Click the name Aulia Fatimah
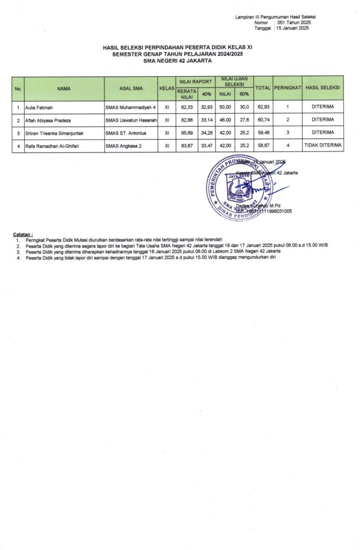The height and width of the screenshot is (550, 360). pos(39,107)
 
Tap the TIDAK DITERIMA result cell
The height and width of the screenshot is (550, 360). pos(322,146)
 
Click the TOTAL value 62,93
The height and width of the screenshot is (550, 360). pos(263,107)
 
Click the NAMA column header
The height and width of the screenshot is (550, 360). pos(64,88)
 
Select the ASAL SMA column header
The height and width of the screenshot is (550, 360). pos(131,88)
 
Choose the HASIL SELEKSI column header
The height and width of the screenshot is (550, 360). pos(322,88)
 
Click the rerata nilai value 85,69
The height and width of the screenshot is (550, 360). pos(186,133)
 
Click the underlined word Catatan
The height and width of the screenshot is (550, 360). pos(23,235)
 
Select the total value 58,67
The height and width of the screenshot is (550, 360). pos(263,146)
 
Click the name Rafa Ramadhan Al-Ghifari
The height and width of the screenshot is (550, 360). pos(53,146)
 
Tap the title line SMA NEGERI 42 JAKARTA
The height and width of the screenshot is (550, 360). pos(177,61)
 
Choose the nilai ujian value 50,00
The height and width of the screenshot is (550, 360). pos(225,107)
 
